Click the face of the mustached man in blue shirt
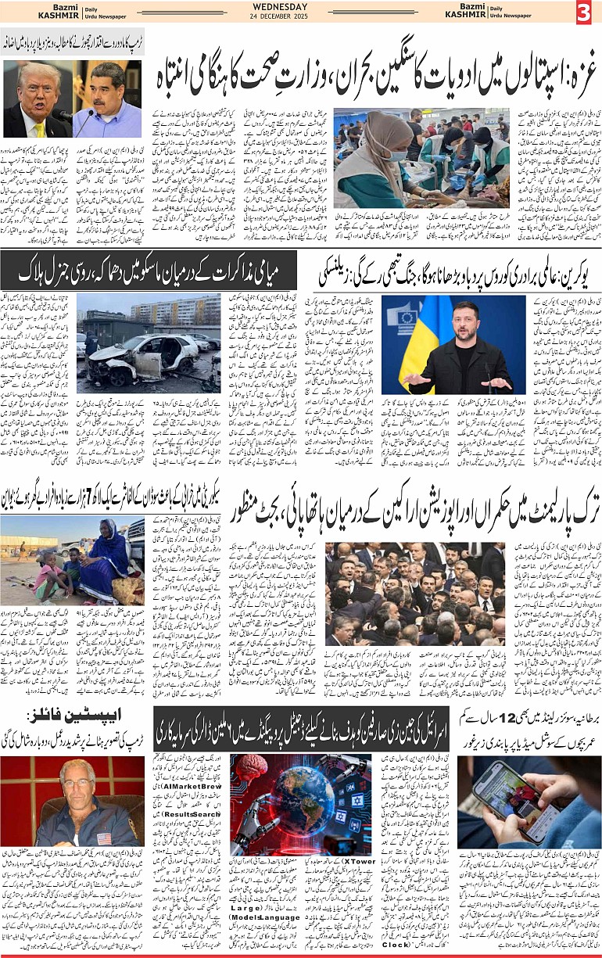point(107,86)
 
